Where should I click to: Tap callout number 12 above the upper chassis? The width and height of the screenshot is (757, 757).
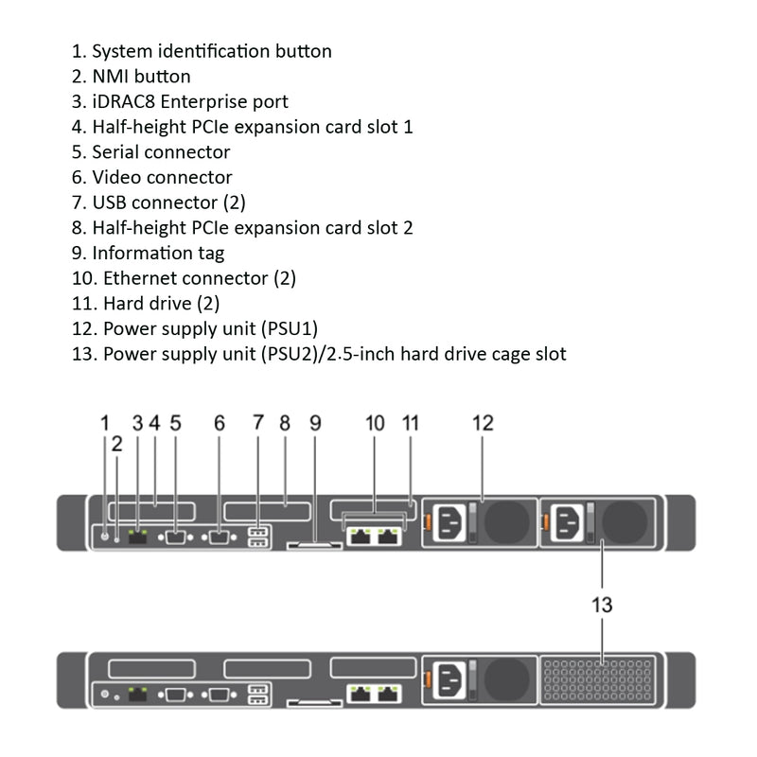click(483, 423)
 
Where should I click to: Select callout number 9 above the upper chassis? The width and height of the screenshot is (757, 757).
click(316, 423)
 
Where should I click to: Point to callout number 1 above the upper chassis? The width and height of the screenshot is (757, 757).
click(105, 423)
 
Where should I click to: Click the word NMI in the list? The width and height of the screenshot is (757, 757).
click(112, 77)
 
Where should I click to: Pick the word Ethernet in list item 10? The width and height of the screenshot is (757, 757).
click(137, 278)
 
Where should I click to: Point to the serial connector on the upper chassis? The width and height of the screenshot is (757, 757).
click(176, 537)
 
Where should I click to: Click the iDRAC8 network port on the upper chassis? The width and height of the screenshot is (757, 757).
click(137, 537)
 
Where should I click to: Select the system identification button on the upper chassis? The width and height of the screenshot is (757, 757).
click(105, 537)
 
